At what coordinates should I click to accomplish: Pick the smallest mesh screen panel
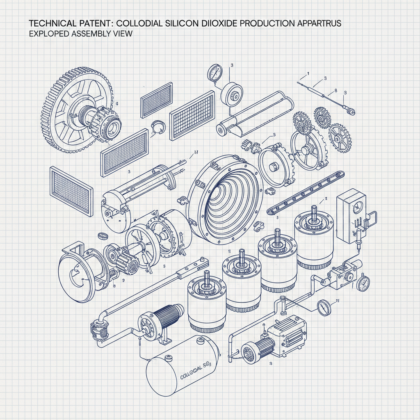tap(157, 100)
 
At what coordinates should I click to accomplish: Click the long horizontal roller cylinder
tap(256, 114)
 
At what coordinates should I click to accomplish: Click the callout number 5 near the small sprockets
tap(274, 135)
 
